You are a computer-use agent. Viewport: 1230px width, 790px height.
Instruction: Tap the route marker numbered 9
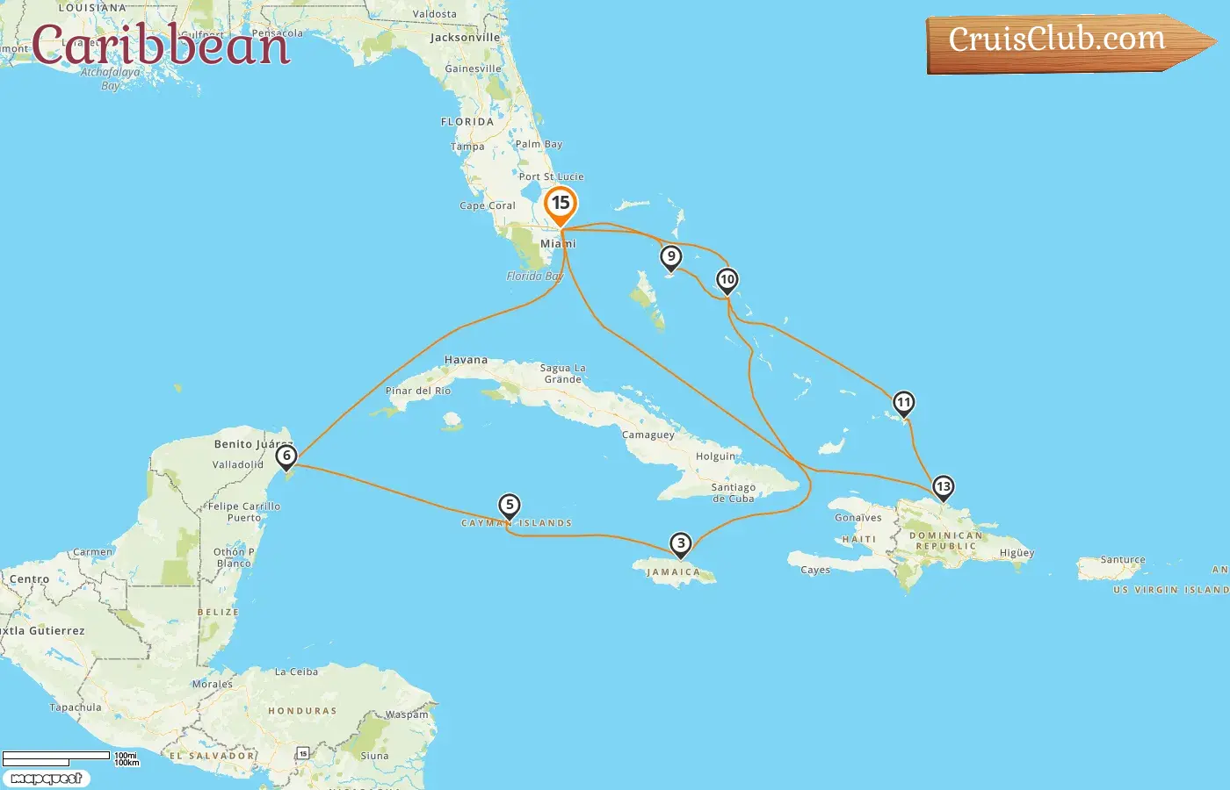click(671, 257)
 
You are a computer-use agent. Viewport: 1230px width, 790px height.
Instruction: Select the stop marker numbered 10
click(727, 280)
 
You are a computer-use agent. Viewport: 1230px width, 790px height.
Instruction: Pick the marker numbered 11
click(903, 403)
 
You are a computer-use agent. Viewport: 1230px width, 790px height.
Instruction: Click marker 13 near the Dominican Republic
click(943, 487)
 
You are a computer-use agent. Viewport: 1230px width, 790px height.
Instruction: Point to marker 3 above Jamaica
click(681, 544)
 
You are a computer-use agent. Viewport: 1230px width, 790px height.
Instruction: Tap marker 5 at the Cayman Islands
click(510, 506)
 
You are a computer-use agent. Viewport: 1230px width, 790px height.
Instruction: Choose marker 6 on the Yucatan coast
click(286, 456)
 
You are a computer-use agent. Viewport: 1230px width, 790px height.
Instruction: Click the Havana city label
click(466, 360)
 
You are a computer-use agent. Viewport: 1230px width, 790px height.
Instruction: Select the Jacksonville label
click(465, 38)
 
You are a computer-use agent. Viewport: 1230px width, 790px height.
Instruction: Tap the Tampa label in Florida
click(467, 147)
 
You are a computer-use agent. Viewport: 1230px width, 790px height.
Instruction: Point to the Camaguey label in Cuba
click(648, 434)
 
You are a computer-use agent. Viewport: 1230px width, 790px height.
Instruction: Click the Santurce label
click(1123, 559)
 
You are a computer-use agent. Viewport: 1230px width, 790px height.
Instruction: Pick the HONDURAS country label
click(302, 711)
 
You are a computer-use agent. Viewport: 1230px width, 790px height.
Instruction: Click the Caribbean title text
click(161, 45)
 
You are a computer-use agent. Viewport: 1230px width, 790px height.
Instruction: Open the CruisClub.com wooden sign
click(1063, 41)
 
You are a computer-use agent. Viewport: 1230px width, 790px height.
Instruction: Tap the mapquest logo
click(46, 779)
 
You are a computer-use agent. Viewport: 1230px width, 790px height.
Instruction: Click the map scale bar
click(57, 757)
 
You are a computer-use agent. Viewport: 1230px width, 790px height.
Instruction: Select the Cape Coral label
click(488, 205)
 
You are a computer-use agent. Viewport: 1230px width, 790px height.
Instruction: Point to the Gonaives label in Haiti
click(857, 518)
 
